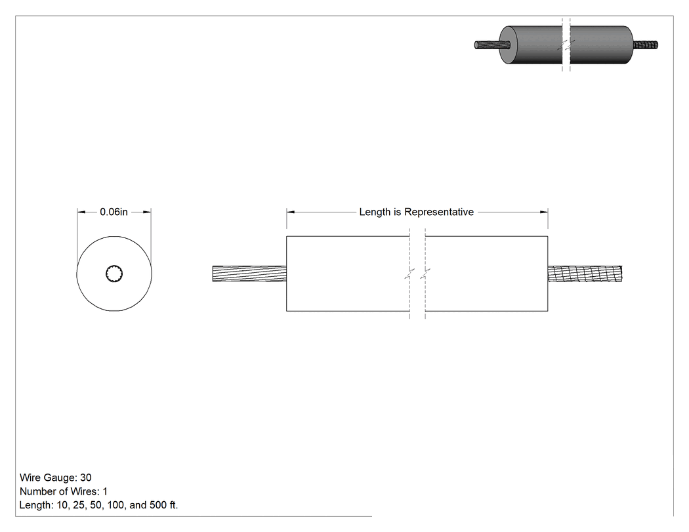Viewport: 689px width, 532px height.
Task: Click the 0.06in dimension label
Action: (x=114, y=212)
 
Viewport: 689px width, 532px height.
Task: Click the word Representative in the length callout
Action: (x=439, y=212)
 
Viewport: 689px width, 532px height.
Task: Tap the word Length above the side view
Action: (x=375, y=212)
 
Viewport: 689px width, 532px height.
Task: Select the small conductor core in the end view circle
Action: (x=114, y=274)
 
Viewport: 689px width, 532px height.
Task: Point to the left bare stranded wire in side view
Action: (x=249, y=274)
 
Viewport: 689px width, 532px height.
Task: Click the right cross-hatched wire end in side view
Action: (x=585, y=274)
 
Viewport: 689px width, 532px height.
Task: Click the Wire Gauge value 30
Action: (x=86, y=478)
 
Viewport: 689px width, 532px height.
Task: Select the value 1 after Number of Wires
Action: (x=105, y=491)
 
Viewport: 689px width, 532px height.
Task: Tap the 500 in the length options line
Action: (x=158, y=505)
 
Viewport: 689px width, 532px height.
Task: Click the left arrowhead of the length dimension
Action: (x=291, y=212)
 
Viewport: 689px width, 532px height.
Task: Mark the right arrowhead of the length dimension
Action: (x=543, y=212)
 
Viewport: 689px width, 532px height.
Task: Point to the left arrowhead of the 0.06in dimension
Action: (x=81, y=212)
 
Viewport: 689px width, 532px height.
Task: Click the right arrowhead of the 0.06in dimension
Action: (x=147, y=212)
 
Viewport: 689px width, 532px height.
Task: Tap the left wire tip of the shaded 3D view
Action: (x=476, y=45)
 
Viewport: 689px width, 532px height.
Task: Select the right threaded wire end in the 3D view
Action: (x=646, y=45)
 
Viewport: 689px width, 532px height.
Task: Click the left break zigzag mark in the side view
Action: (x=409, y=274)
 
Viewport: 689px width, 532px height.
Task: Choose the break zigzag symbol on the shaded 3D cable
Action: (x=566, y=45)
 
